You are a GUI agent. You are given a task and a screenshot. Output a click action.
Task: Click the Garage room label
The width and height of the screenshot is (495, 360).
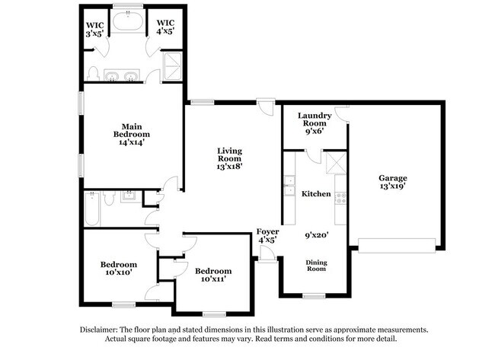(x=393, y=183)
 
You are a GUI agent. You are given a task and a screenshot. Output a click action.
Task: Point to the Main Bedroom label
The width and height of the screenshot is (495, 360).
(x=132, y=133)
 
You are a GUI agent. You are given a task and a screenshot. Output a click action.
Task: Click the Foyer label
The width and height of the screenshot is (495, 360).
(x=266, y=234)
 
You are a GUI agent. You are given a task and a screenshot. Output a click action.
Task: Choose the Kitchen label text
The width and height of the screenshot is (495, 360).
(x=316, y=194)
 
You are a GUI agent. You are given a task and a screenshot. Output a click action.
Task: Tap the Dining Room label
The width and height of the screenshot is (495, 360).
(x=316, y=266)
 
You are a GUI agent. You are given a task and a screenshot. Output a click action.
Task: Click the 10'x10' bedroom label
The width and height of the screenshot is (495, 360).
(x=118, y=268)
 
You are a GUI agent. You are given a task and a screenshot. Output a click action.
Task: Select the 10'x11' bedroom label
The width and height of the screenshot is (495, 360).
(x=212, y=275)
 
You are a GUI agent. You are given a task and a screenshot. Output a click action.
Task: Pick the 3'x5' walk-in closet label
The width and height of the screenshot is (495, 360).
(x=94, y=28)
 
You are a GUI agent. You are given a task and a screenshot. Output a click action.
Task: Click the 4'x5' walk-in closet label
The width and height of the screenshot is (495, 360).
(x=165, y=28)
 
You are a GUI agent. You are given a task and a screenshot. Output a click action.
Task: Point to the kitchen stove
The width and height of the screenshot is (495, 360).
(x=340, y=196)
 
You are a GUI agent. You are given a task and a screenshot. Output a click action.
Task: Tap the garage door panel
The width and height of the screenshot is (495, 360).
(x=397, y=244)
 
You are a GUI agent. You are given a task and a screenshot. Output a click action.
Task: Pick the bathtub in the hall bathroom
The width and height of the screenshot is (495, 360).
(x=92, y=209)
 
